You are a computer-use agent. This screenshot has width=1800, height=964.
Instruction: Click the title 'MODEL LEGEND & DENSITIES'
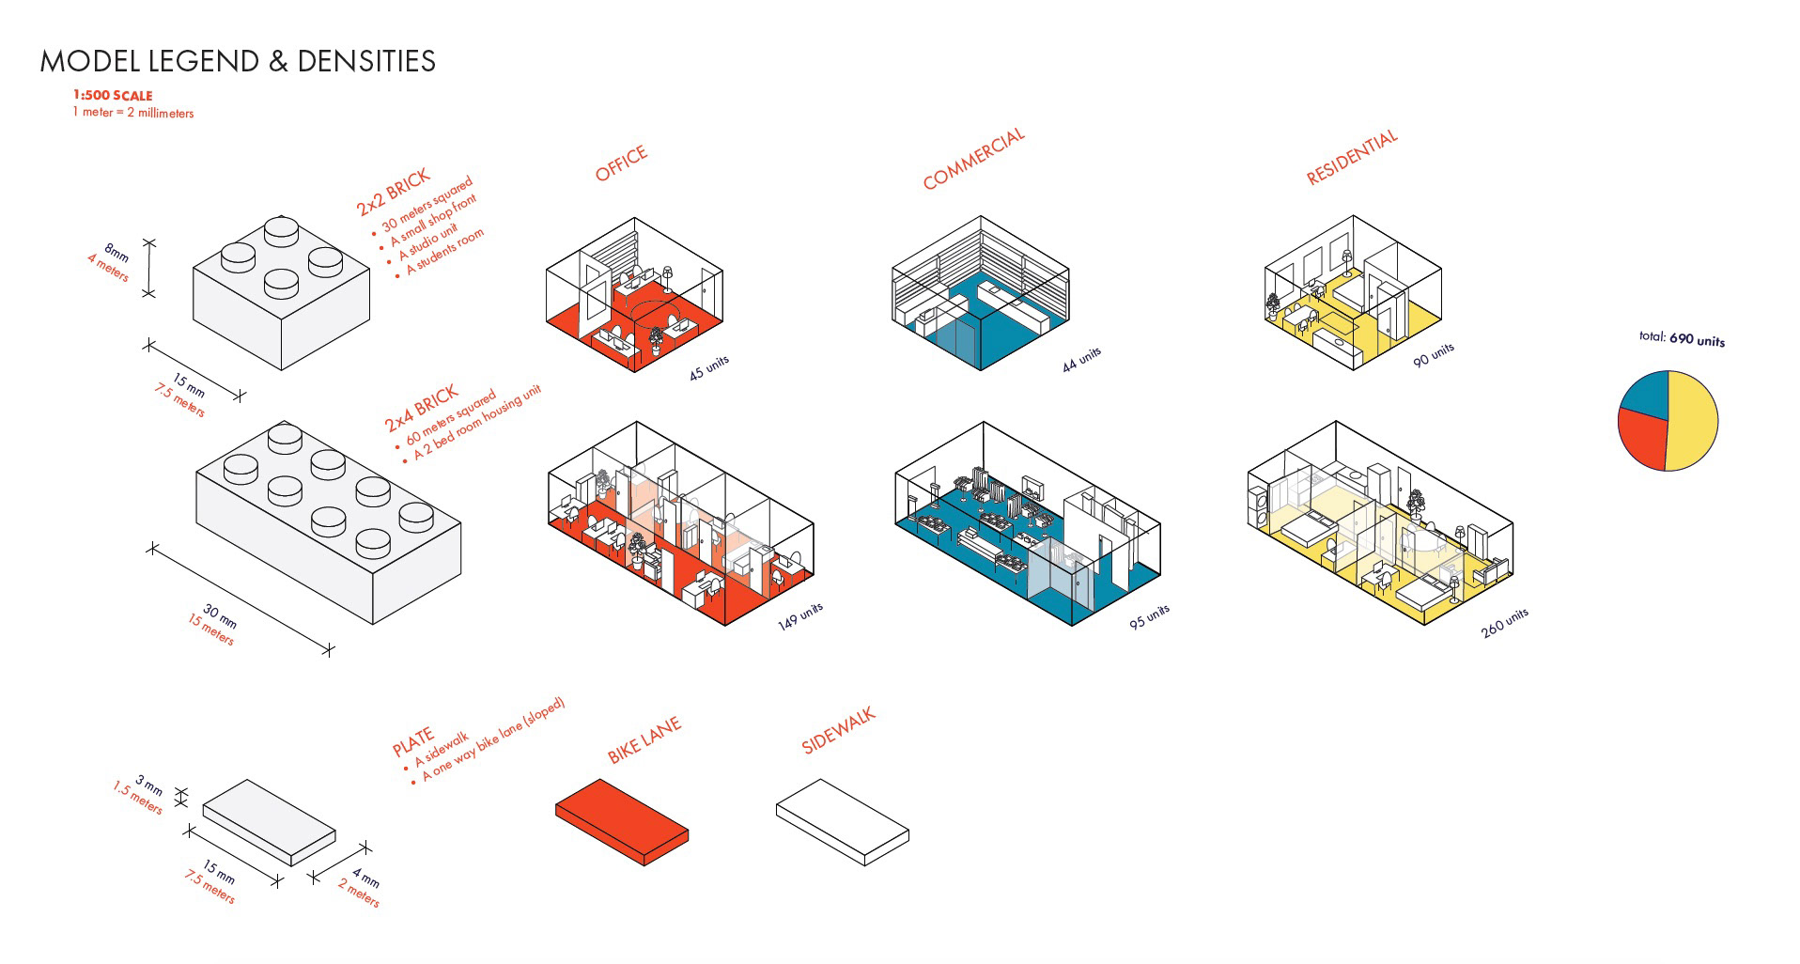tap(238, 62)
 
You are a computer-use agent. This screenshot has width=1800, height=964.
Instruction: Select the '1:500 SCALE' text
tap(113, 96)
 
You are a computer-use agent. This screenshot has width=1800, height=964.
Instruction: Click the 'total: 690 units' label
tap(1682, 338)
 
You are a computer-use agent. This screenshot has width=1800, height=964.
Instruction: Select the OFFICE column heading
tap(621, 163)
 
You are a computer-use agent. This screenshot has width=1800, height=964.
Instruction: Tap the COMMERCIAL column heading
tap(973, 160)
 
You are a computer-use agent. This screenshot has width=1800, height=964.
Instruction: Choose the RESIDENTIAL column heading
tap(1352, 157)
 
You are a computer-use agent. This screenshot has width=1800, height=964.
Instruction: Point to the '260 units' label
tap(1504, 623)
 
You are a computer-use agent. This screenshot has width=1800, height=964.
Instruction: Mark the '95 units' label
tap(1149, 616)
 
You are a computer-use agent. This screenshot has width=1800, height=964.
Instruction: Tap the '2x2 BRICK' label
tap(393, 192)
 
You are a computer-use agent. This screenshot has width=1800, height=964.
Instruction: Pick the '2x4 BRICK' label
tap(421, 407)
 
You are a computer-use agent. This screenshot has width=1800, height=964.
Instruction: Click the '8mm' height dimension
tap(116, 253)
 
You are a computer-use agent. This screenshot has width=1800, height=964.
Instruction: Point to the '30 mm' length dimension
tap(221, 616)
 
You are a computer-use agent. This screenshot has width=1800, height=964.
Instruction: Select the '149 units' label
tap(799, 615)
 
